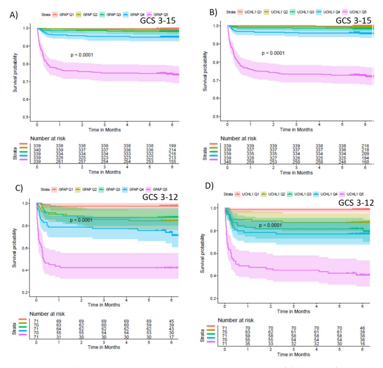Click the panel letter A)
(14, 15)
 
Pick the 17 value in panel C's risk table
(172, 337)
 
